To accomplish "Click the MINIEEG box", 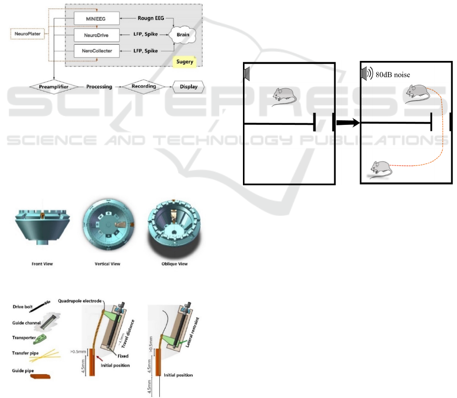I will [96, 19].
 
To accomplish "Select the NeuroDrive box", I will [96, 35].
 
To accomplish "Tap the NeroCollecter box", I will [96, 51].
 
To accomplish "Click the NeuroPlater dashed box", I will [27, 35].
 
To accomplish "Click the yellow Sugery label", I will [186, 62].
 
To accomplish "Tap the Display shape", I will [188, 87].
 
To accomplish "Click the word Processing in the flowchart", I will [99, 87].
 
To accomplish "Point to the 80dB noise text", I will [393, 75].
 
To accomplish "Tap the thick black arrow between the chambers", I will [347, 123].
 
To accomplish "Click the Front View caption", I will [42, 264].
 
